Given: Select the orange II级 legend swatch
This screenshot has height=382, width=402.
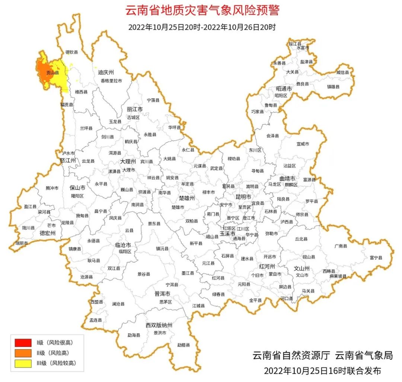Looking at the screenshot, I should (x=23, y=353).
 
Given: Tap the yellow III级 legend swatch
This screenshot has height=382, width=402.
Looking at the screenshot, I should (x=23, y=363).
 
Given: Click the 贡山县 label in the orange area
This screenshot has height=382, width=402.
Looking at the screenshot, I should (x=52, y=73).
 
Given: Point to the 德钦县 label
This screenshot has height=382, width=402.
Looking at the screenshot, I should (x=72, y=52).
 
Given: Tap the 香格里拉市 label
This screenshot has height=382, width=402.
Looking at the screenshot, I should (x=111, y=81).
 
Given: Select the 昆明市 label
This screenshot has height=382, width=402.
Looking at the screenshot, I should (x=243, y=196).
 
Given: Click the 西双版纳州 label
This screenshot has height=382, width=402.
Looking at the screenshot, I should (x=159, y=326).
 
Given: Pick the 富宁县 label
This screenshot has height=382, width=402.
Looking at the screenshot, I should (x=376, y=258).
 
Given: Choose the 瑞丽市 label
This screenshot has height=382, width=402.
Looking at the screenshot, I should (x=22, y=243).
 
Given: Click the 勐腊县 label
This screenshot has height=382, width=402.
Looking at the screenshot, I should (x=183, y=345).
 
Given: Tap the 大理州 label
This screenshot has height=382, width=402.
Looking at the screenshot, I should (x=128, y=162).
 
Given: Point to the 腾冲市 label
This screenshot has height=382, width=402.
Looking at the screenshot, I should (x=52, y=188).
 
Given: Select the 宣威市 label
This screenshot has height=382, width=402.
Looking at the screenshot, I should (x=303, y=144).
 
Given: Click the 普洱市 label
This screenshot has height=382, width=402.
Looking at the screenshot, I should (x=162, y=294).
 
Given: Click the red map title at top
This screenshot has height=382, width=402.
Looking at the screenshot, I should (x=202, y=10).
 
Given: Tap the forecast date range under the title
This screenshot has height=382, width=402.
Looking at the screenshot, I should (x=202, y=27).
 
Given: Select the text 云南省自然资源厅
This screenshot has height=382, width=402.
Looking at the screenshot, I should (x=291, y=355).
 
